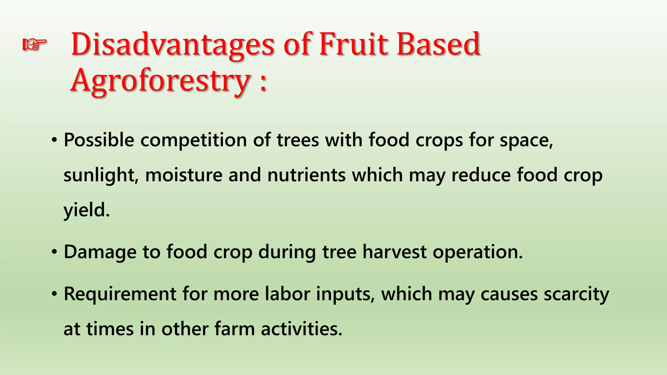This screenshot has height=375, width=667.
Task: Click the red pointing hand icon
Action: point(35,44)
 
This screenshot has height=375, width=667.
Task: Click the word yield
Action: point(86,210)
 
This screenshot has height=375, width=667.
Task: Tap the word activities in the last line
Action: point(301,329)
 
